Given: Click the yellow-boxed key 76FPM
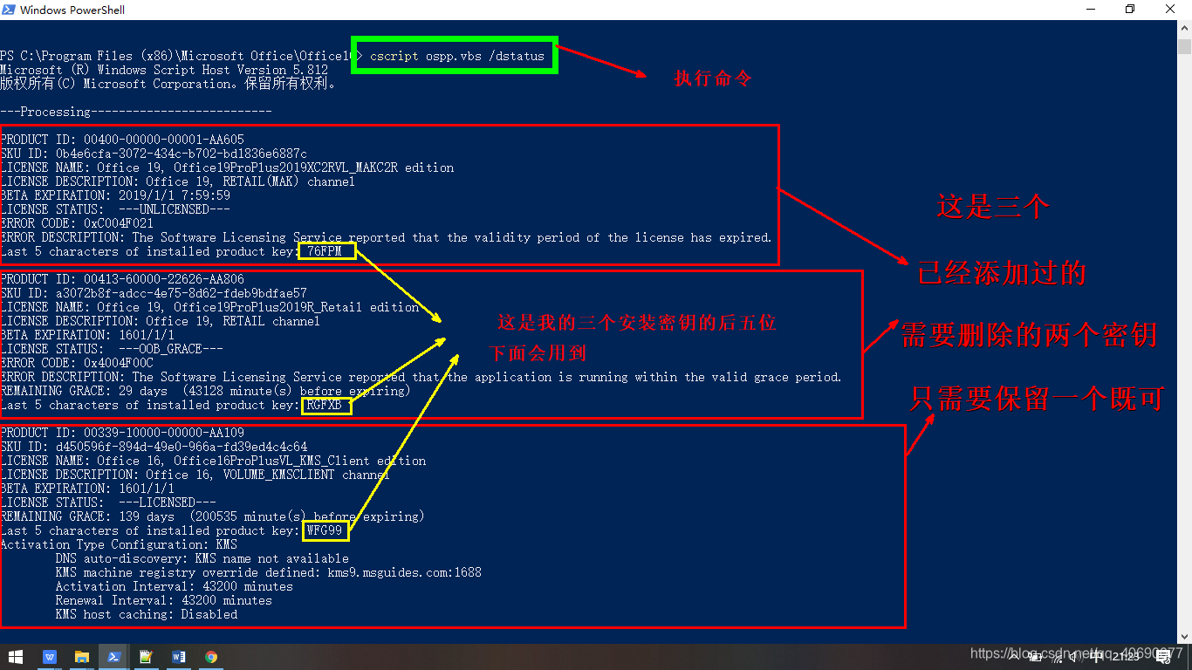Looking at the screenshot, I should pos(327,251).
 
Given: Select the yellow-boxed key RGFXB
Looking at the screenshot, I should pos(326,405).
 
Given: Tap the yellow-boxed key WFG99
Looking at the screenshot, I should pos(326,530).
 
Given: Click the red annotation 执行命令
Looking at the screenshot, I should pos(712,79).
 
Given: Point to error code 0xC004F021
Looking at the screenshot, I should pos(119,223).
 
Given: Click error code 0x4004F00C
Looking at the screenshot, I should pos(119,363).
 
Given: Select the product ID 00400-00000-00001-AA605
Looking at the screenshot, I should pos(164,140).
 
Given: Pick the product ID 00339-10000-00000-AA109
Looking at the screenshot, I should pos(164,433).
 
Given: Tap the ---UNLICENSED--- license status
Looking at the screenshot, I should pos(175,209).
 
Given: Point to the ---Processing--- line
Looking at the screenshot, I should pos(136,112).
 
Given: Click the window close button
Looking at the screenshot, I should pos(1171,10).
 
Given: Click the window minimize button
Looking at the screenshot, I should pos(1091,10).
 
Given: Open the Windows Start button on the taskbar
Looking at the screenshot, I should pos(16,656).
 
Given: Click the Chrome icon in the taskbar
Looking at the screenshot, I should pos(211,656).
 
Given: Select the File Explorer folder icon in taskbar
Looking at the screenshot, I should pos(81,656).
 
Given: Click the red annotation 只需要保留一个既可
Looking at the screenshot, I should pos(1037,399).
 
